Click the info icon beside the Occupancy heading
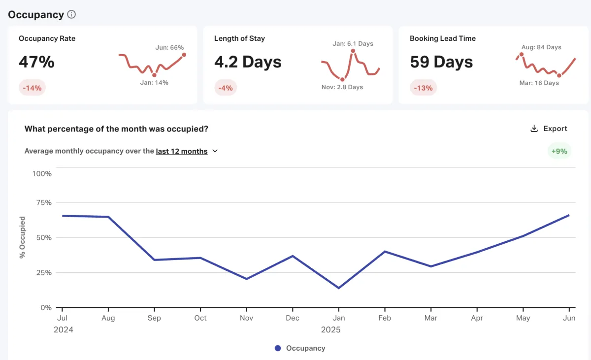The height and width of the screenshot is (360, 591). click(x=71, y=14)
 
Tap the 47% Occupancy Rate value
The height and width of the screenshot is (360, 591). click(x=36, y=62)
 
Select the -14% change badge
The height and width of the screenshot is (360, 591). click(x=33, y=88)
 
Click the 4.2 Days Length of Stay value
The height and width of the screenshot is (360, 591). click(x=248, y=62)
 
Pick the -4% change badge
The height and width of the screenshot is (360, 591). click(x=226, y=88)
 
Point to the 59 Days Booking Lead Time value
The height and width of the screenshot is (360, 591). click(x=441, y=62)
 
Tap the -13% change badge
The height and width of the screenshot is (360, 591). click(x=423, y=88)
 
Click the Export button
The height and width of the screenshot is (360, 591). click(x=549, y=129)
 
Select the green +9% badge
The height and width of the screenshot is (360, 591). click(x=559, y=151)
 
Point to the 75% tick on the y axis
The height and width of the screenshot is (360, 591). click(x=43, y=202)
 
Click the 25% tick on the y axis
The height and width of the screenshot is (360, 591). click(x=43, y=272)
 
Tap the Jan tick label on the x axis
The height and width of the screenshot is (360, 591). click(x=339, y=318)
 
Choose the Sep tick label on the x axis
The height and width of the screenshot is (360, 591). click(x=154, y=318)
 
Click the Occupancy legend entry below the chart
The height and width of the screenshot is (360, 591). click(x=300, y=348)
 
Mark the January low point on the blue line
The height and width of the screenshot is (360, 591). click(x=339, y=288)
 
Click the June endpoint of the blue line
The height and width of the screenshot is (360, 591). click(x=569, y=215)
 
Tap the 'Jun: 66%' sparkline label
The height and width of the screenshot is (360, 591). click(x=169, y=48)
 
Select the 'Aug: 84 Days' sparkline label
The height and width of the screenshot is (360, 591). click(x=541, y=47)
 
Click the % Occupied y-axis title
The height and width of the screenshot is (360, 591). click(x=22, y=237)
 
